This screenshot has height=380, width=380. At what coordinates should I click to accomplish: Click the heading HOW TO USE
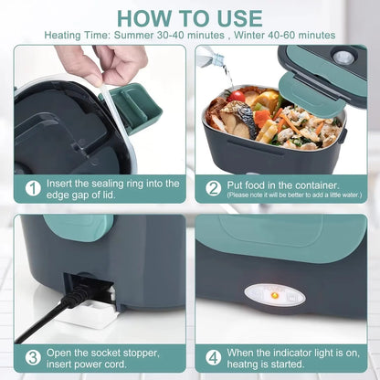pos(190,17)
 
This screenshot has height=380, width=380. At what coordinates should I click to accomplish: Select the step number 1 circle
pos(33,188)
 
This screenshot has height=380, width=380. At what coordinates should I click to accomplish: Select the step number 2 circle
pos(213,188)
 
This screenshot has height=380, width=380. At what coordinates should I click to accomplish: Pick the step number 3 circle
pos(33,357)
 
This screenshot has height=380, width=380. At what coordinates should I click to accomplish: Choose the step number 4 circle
pos(213,357)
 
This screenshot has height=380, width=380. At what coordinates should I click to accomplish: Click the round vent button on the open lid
pos(344,57)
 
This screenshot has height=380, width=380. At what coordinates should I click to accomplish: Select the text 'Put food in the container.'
pos(279,182)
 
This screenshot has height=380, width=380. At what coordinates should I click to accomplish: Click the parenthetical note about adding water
pos(289,195)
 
